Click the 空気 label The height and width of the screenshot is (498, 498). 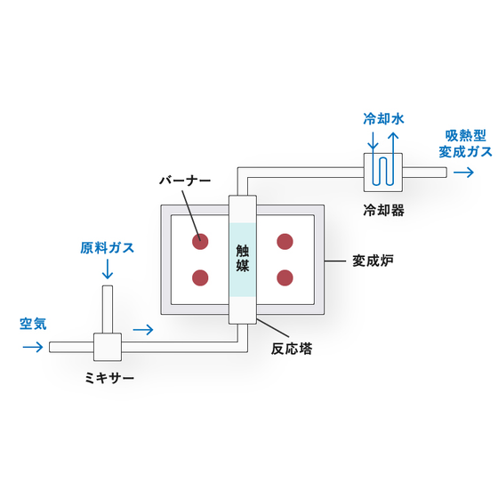[x=33, y=324]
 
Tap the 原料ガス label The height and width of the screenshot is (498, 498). [x=107, y=248]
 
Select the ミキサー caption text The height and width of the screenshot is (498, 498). [x=109, y=378]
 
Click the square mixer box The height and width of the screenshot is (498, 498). [x=108, y=347]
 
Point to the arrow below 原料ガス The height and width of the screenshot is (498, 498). [x=108, y=269]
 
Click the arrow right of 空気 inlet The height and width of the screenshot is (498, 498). [x=33, y=347]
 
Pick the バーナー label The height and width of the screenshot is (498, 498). [x=185, y=181]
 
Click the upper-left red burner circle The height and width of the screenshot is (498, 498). [x=200, y=242]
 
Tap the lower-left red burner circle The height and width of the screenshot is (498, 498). [x=200, y=277]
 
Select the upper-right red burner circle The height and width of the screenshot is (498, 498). [x=285, y=242]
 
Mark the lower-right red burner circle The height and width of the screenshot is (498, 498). [x=285, y=277]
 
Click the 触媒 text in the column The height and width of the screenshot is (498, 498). [x=243, y=259]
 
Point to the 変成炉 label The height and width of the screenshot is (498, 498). [x=373, y=261]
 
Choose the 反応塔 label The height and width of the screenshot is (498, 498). [x=292, y=349]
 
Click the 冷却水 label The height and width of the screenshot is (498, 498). [x=383, y=119]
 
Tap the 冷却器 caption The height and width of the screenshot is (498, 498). [x=383, y=210]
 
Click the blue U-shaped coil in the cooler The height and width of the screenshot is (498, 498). [x=383, y=171]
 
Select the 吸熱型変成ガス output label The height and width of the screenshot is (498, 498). [x=466, y=144]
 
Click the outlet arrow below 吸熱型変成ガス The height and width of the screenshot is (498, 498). [x=463, y=173]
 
